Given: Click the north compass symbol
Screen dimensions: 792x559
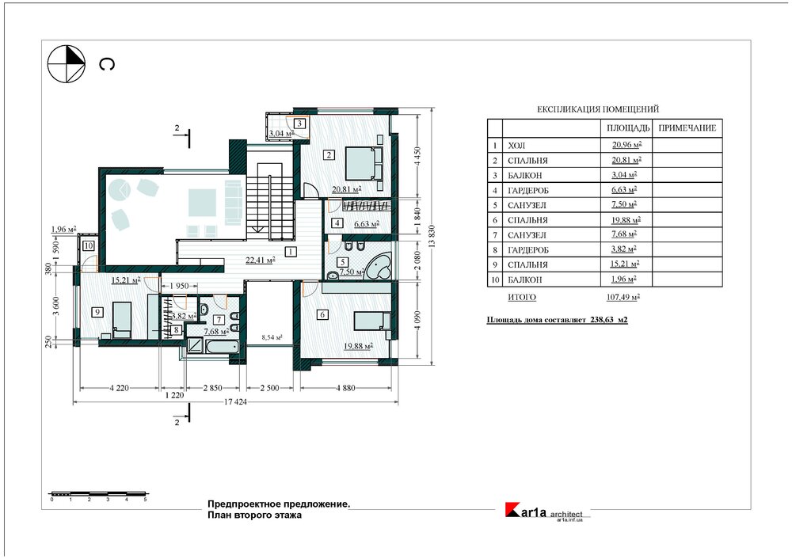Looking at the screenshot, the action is pos(67,63).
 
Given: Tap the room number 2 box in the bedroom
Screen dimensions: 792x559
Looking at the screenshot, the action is pos(329,155).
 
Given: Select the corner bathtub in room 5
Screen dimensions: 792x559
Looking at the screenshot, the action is pos(379,267).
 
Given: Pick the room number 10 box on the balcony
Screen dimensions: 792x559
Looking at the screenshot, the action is pos(89,246).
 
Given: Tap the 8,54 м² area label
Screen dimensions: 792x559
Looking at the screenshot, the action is pos(272,337).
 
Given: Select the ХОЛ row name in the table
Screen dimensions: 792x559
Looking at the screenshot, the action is pos(516,146).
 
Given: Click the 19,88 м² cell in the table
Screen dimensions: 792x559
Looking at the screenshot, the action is pos(626,219).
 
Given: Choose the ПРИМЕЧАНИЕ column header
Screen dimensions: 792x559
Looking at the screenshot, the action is pos(687,128).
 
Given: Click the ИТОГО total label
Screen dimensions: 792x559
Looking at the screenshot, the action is pos(522,298).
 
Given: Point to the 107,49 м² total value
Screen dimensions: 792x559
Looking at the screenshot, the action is pos(623,298).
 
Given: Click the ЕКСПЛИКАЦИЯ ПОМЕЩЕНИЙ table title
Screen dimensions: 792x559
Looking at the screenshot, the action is pos(598,109).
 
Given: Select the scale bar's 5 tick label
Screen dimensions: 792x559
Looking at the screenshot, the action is pos(146,500).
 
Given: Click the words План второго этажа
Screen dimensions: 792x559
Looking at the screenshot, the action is pos(254,515).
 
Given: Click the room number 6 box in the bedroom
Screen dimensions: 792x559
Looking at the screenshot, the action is pos(323,314).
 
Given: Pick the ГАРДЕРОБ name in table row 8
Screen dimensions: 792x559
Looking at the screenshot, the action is pos(527,250).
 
